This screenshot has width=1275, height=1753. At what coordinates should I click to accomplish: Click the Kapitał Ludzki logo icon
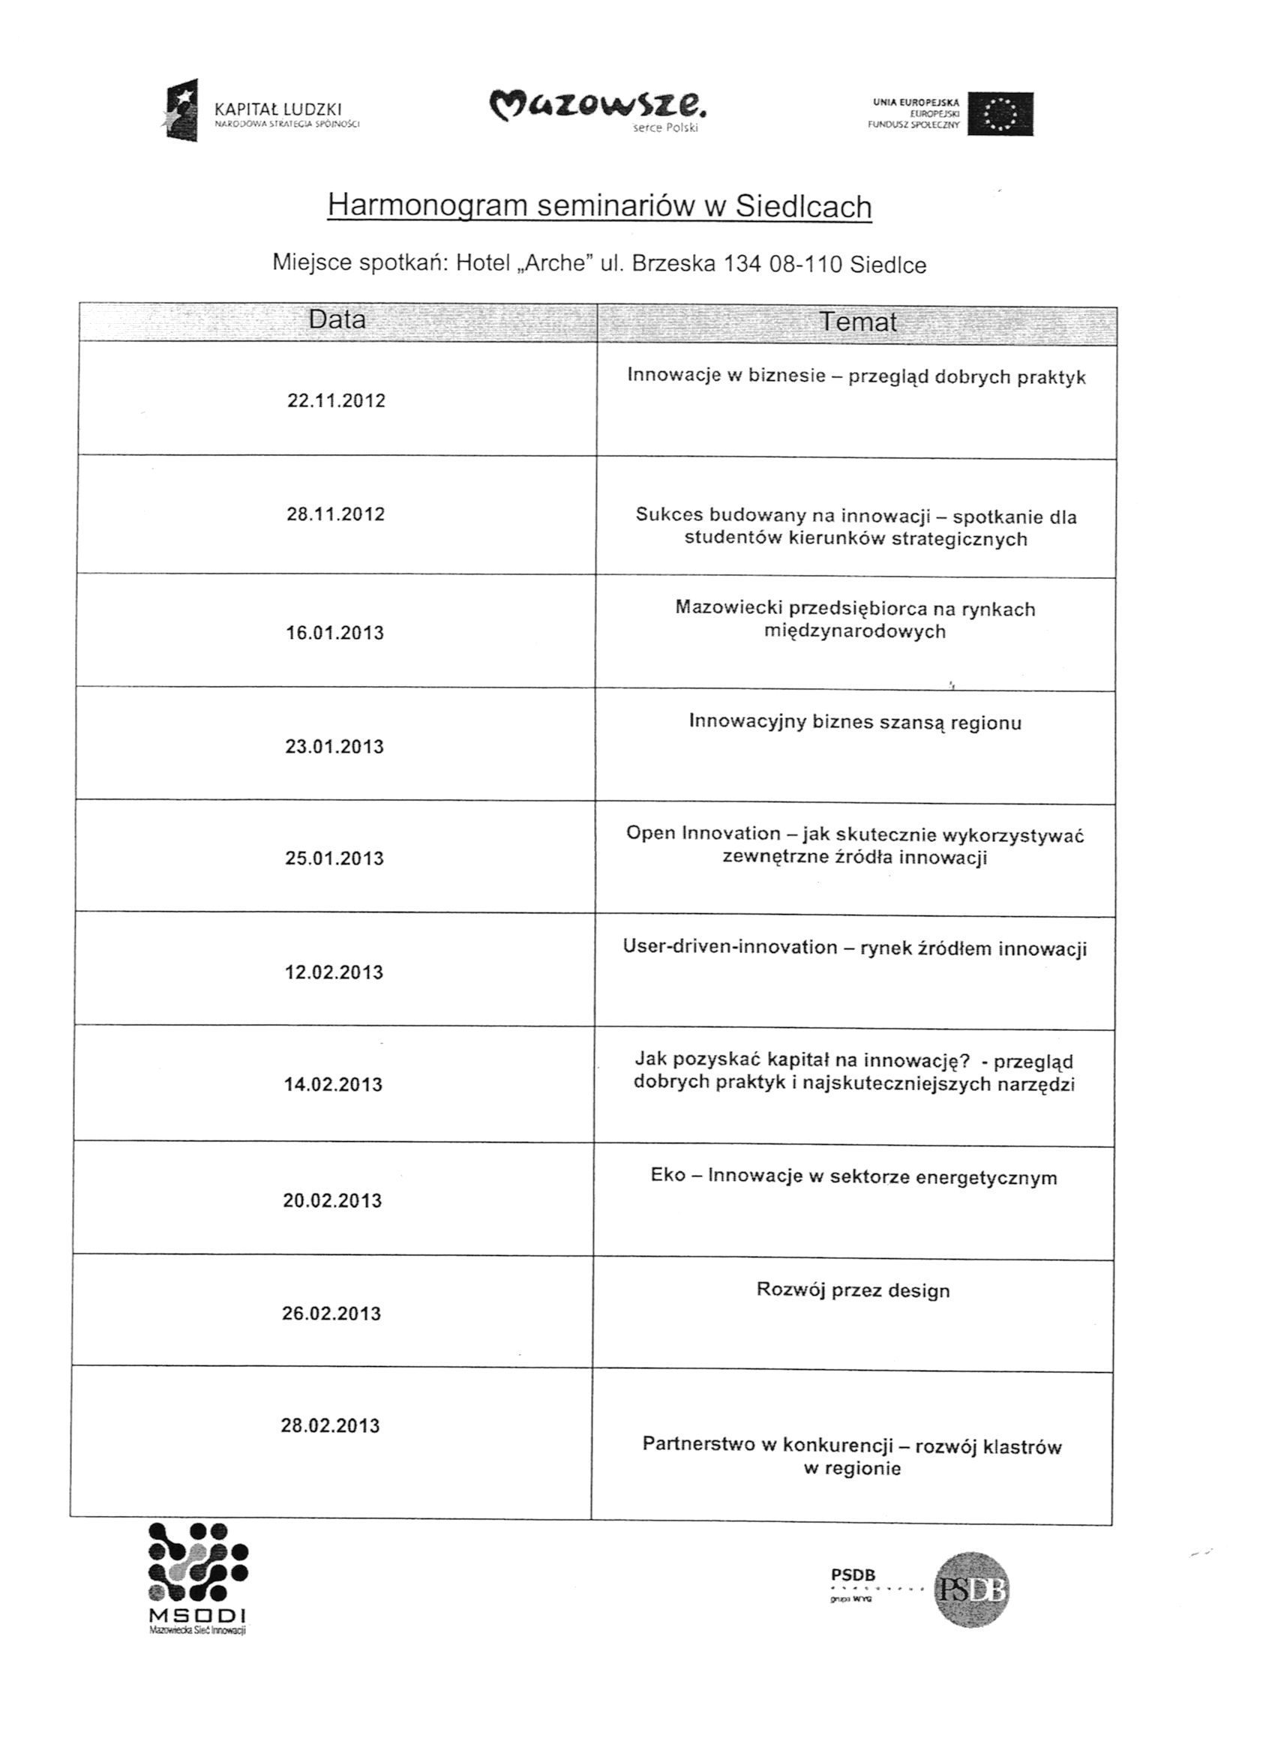[x=181, y=109]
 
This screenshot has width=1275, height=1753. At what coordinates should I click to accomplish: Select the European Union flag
[x=1000, y=114]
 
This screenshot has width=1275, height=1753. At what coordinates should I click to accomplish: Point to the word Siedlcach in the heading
[x=803, y=206]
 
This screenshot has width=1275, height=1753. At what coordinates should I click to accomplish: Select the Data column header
[x=337, y=320]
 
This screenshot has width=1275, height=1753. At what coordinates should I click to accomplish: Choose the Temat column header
[x=856, y=322]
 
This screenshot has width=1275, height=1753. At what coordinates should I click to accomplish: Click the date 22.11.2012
[x=336, y=401]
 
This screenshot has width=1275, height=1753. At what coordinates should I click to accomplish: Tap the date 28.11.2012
[x=335, y=515]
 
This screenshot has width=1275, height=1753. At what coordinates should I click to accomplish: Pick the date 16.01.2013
[x=334, y=633]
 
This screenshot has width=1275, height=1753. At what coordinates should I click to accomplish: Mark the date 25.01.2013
[x=334, y=859]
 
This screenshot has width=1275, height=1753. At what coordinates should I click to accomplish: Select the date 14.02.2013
[x=333, y=1085]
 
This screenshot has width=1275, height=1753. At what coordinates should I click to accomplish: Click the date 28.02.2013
[x=330, y=1426]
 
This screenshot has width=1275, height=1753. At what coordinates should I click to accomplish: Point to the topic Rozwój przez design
[x=853, y=1291]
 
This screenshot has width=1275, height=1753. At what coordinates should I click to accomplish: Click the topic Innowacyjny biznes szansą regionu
[x=855, y=723]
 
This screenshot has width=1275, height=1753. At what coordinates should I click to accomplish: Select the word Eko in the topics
[x=668, y=1176]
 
